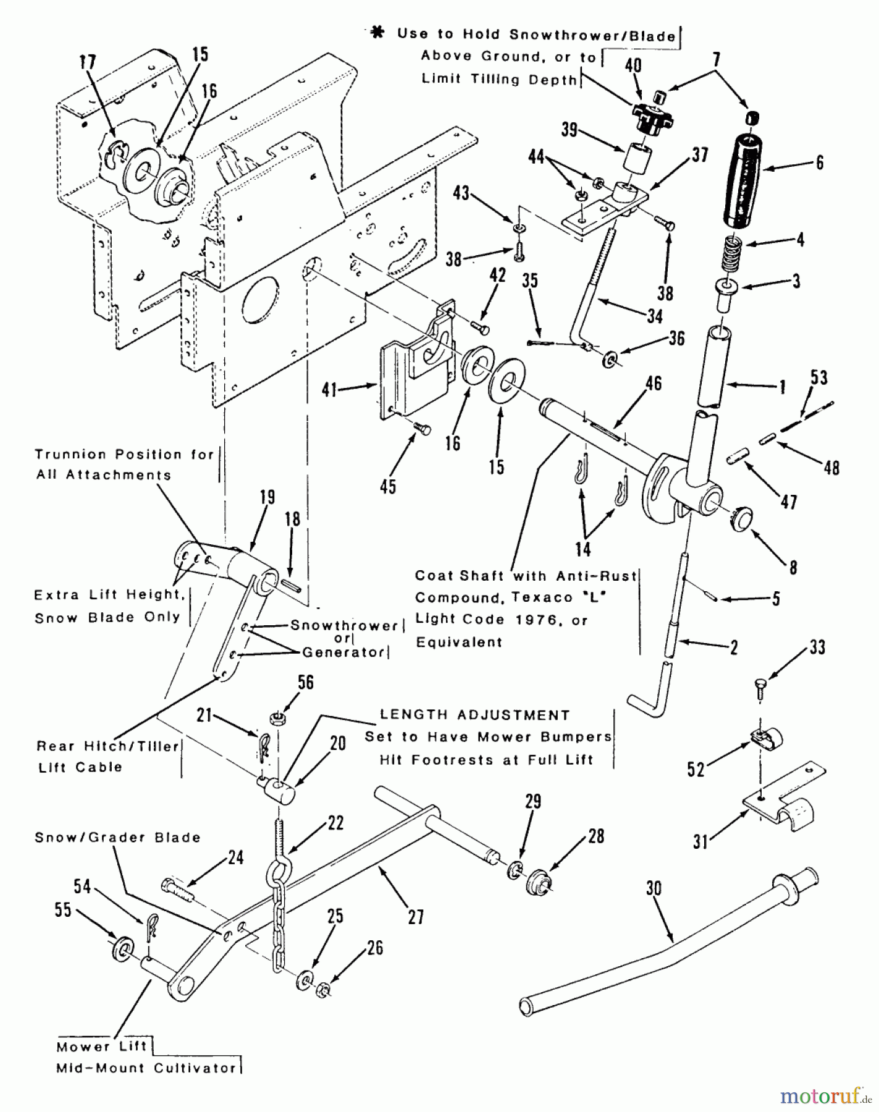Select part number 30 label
pos(653,889)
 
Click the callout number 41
pos(329,390)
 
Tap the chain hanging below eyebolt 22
pos(279,927)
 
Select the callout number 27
pos(416,917)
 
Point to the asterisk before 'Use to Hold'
pos(376,33)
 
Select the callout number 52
pos(696,770)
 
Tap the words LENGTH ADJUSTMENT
pos(474,715)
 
